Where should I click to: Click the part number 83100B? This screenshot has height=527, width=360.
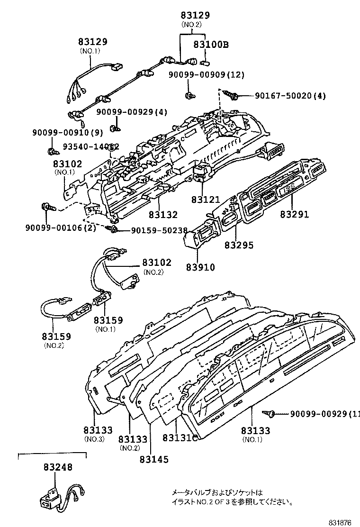[211, 45]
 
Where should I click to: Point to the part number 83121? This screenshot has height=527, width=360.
[203, 200]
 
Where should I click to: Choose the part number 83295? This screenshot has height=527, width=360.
[239, 245]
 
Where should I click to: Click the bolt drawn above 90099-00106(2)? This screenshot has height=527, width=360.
[47, 206]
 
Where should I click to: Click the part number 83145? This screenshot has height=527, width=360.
[154, 459]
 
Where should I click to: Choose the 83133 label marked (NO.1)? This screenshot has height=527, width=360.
[255, 430]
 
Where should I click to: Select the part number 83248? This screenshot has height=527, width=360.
[56, 467]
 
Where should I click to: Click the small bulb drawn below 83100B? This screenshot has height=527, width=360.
[207, 62]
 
